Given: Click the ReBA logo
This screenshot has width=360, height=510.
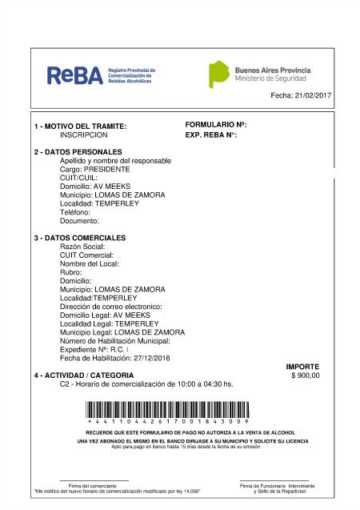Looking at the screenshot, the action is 75,75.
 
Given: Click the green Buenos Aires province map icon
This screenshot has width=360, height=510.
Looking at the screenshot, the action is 218,74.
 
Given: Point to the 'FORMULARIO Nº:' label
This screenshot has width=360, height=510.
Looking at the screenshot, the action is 215,126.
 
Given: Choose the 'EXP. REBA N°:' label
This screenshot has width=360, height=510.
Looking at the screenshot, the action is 211,135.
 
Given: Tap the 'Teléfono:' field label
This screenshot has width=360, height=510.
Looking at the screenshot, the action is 78,211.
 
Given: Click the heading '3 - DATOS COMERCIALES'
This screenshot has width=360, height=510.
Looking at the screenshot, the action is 79,239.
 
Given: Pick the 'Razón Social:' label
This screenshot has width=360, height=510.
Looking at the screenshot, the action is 82,247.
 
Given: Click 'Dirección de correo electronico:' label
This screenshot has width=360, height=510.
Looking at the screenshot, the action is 111,307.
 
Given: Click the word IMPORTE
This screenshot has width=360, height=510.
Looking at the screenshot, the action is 302,367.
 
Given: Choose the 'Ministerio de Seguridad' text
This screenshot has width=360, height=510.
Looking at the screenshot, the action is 271,78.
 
